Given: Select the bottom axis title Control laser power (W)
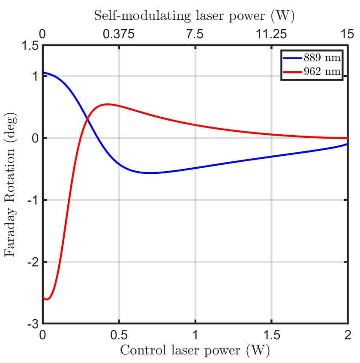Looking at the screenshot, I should (195, 351).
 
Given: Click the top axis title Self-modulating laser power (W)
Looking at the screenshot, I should (195, 16).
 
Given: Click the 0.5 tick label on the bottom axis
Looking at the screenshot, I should (119, 335).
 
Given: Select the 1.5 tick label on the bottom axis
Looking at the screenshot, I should (271, 335).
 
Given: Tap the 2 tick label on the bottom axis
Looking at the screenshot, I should (347, 335).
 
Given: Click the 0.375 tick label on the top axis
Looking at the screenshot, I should (119, 34).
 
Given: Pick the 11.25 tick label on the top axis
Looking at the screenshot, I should (271, 34).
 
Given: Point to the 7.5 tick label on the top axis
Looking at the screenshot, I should (195, 34).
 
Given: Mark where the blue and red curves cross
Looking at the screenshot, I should (87, 119).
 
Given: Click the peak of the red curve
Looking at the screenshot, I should (106, 104).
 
